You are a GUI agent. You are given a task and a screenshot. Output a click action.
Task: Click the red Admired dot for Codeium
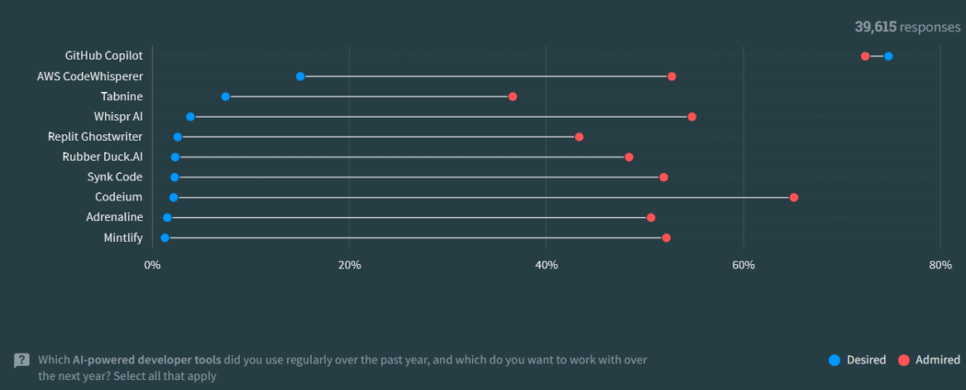794,198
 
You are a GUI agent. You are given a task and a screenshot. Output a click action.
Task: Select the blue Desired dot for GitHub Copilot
888,56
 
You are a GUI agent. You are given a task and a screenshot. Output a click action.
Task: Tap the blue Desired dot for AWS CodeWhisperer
301,76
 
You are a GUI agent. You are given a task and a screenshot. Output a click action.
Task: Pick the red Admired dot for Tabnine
512,97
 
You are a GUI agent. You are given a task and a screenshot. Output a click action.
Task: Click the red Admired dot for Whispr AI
692,117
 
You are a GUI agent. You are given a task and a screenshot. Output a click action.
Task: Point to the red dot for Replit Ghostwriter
579,137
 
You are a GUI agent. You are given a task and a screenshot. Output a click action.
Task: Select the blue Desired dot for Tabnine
225,97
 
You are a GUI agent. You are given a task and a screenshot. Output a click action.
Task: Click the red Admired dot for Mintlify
666,238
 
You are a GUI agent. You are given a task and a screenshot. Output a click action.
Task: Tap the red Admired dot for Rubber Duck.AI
629,157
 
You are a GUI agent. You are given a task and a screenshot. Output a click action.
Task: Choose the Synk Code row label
115,177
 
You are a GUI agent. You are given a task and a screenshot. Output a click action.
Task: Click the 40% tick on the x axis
546,265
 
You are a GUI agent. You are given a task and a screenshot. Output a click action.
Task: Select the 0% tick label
152,265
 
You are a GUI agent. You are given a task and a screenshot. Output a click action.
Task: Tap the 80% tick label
939,265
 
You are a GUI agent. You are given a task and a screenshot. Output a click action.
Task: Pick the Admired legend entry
929,360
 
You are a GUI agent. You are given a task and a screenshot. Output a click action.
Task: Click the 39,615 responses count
907,28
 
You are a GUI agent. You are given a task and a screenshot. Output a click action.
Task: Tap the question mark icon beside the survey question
21,361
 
